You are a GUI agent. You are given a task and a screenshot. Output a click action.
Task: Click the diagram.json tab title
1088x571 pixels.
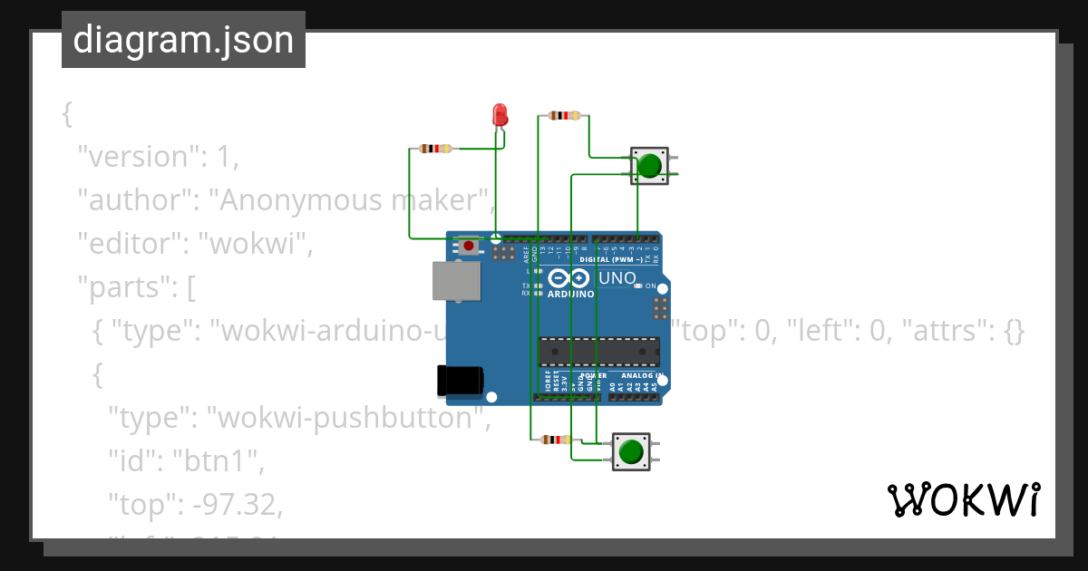183,40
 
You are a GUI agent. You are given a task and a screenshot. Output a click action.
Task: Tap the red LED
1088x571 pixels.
500,115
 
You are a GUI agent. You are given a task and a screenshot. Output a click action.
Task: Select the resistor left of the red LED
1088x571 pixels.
437,149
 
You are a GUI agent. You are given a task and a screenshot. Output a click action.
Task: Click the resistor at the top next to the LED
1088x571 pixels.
565,115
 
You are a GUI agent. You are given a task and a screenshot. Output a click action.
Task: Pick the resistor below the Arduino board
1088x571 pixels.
554,440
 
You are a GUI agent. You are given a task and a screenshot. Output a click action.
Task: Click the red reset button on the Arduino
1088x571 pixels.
468,245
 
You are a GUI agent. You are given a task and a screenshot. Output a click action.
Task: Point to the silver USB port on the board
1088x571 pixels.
457,281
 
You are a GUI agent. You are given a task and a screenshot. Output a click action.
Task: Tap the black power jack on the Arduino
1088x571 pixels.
460,383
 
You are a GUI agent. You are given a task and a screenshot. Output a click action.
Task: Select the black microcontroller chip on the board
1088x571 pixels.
599,350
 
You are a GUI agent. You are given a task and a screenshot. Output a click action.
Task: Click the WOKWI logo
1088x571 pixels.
963,499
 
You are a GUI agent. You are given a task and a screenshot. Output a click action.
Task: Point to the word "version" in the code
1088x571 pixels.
137,157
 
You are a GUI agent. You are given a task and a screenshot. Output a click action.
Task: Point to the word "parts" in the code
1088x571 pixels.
127,287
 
